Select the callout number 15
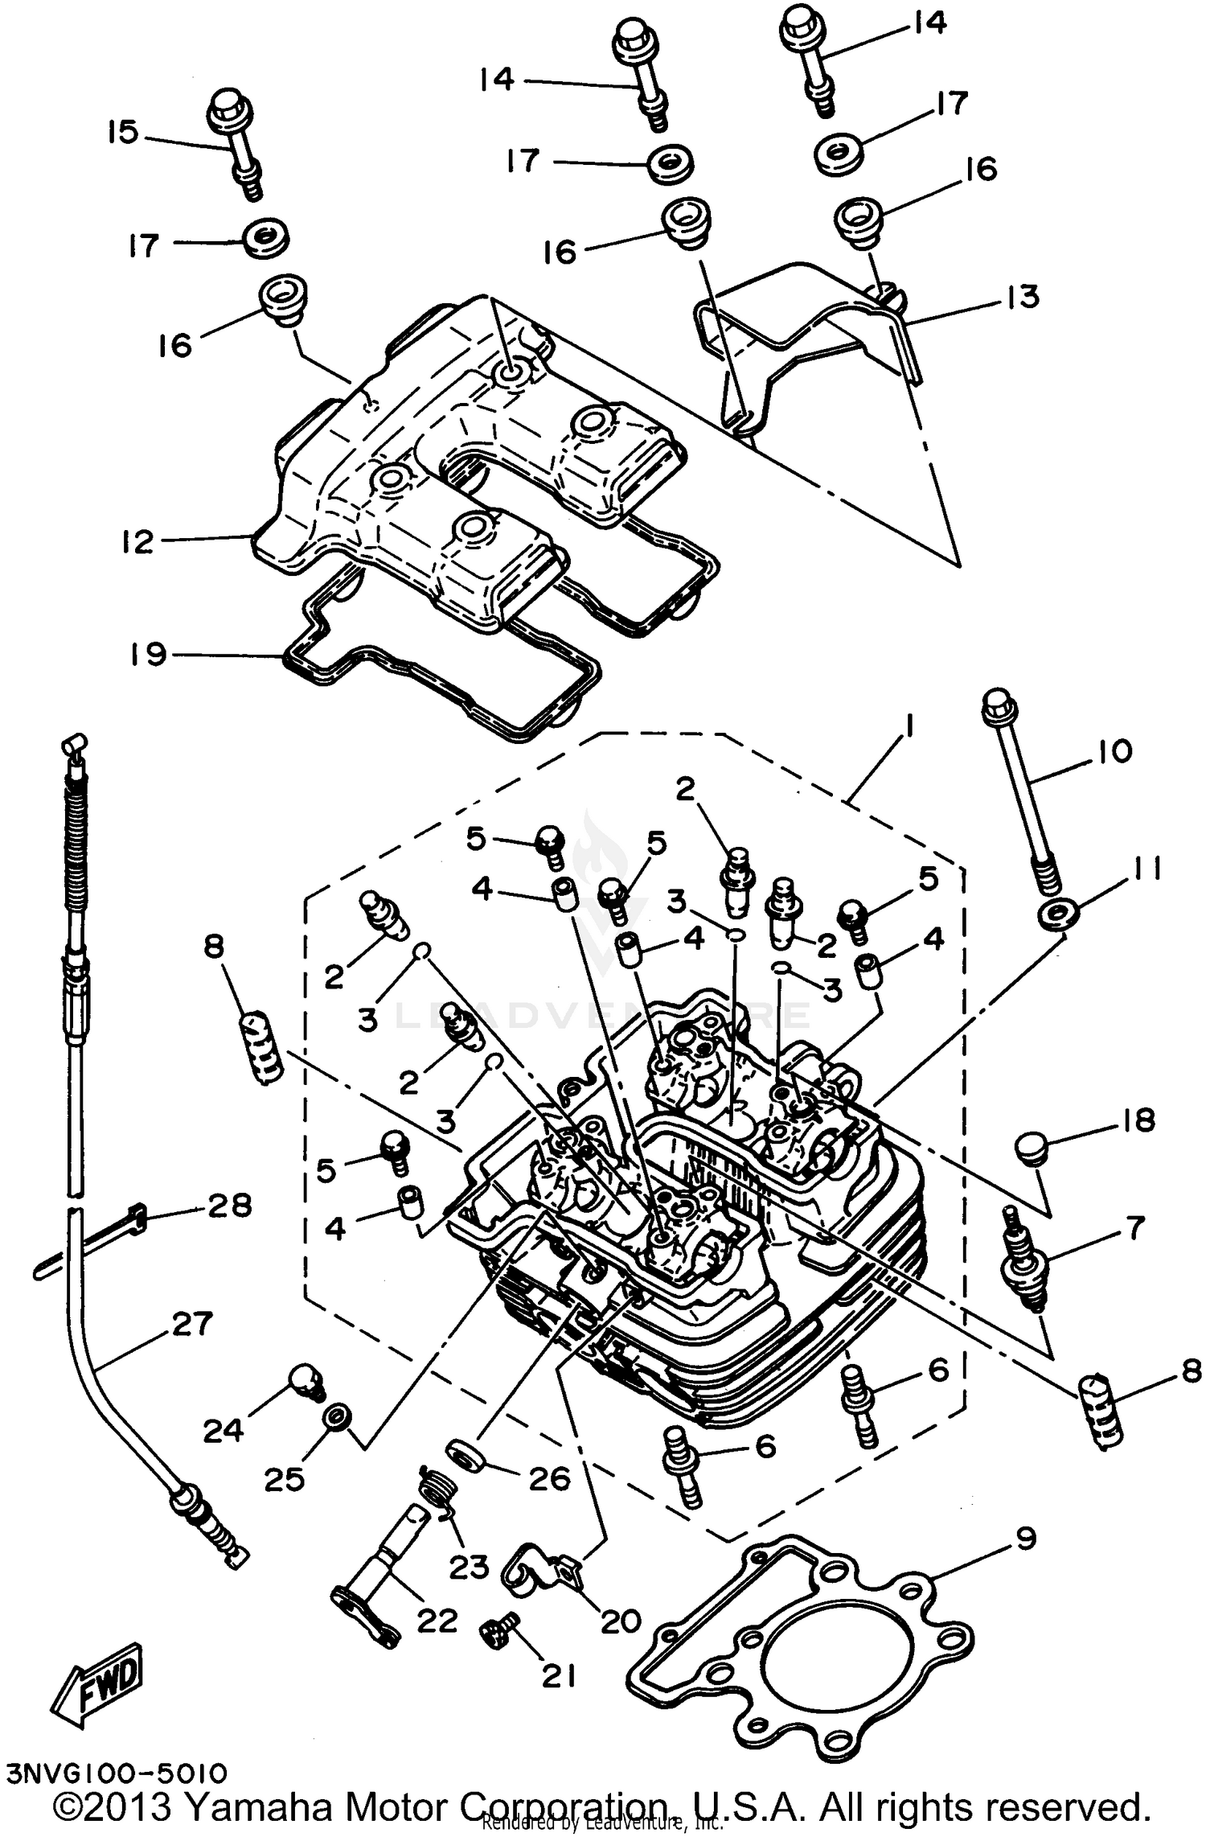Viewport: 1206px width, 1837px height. coord(123,132)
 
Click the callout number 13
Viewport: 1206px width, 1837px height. coord(1023,297)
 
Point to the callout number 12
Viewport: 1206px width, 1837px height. coord(137,541)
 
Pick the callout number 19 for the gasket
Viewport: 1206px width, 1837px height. coord(148,654)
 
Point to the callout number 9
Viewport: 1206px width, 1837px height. coord(1025,1539)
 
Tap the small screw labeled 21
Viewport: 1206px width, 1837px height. coord(494,1632)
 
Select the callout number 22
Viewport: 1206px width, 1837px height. coord(437,1621)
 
